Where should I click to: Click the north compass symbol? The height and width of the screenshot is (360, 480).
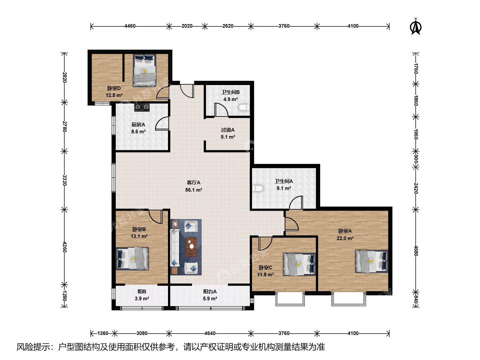415,27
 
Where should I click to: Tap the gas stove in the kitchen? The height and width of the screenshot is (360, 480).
142,107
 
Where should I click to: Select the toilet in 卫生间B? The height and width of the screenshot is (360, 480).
244,107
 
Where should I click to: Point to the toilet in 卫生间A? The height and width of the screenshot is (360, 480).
258,188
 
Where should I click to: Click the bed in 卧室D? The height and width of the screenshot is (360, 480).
145,70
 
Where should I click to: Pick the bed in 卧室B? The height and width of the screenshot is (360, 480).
132,259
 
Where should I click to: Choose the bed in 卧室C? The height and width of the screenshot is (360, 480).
299,264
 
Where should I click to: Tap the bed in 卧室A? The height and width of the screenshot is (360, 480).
372,261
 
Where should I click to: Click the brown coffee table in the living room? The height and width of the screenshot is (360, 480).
191,247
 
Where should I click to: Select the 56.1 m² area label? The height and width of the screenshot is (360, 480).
194,190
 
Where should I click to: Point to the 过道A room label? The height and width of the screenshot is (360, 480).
228,130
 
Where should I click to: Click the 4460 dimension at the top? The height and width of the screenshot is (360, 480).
130,26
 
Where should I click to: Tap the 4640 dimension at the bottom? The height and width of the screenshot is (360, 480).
210,333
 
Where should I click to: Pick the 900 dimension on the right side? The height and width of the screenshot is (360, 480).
416,159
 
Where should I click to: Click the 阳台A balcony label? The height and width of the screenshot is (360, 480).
210,292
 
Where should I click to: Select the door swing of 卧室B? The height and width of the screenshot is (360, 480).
156,216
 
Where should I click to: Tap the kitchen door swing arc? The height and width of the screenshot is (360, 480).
162,123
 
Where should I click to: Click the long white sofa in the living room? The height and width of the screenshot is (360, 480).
175,247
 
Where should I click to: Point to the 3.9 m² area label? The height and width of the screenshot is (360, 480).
142,299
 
